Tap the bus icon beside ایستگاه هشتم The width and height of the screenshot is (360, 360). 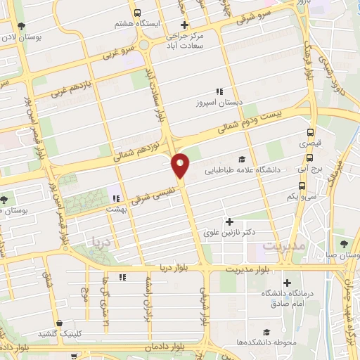pyautogui.click(x=137, y=12)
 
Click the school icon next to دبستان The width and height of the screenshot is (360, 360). pyautogui.click(x=219, y=91)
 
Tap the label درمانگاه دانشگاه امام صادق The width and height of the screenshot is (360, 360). pyautogui.click(x=287, y=298)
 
